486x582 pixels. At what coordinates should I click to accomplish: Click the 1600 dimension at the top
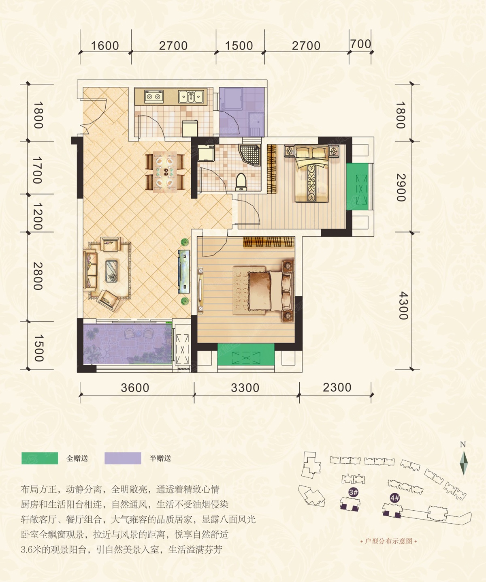coord(105,46)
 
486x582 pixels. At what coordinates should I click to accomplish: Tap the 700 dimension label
coord(361,44)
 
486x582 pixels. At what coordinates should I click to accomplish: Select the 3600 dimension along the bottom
coord(135,388)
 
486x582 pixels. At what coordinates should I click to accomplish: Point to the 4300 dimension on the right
coord(403,306)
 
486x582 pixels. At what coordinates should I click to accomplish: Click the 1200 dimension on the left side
coord(38,216)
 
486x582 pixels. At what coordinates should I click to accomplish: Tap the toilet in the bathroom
coord(241,182)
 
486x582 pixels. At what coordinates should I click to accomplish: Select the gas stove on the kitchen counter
coord(154,96)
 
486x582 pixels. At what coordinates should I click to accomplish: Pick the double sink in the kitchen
coord(191,96)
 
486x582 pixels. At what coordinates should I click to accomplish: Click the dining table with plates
coord(165,172)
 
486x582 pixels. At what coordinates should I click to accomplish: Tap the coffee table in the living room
coord(111,271)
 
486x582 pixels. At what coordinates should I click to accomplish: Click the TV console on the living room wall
coord(184,272)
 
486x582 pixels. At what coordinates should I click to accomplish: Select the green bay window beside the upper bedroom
coord(357,186)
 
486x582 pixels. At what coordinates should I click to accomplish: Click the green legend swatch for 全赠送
coord(40,458)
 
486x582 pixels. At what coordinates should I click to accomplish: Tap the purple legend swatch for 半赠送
coord(123,458)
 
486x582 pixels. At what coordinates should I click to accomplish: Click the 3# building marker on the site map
coord(353,492)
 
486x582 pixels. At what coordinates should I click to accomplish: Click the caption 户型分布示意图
coord(388,541)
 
